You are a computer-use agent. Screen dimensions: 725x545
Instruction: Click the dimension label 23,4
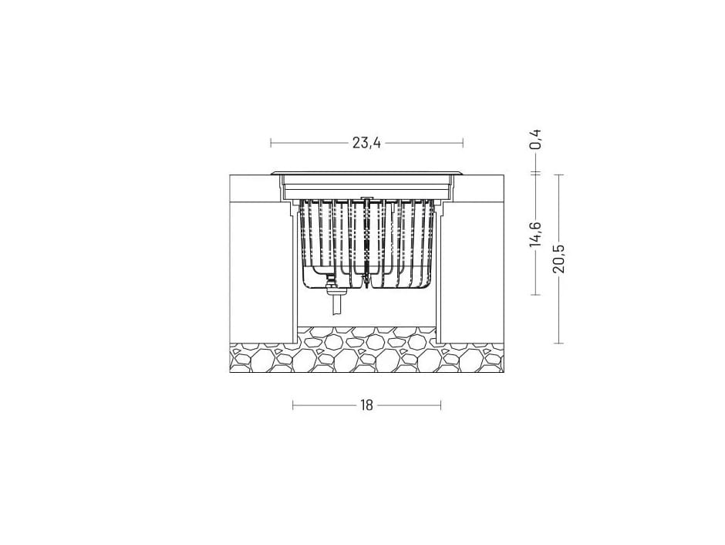click(366, 143)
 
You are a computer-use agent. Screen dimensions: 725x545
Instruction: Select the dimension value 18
click(366, 406)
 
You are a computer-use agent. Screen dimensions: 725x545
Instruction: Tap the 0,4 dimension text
click(536, 139)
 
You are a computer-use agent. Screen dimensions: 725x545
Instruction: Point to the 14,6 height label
click(536, 234)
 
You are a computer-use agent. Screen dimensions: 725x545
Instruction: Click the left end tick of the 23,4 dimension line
click(271, 143)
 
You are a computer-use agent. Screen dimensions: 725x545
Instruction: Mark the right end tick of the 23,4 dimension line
click(463, 143)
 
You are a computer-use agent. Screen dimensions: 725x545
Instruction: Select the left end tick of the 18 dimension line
click(293, 406)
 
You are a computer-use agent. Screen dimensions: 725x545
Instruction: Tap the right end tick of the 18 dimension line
click(440, 406)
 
